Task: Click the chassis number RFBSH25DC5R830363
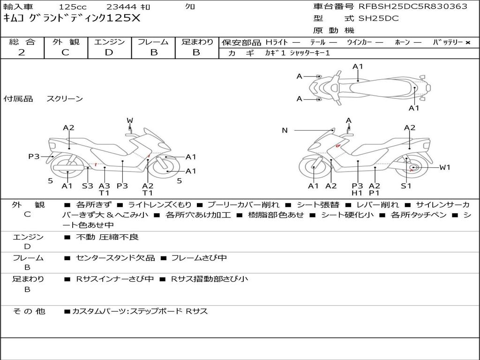(x=412, y=7)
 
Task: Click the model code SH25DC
(x=379, y=19)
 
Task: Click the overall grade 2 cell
(x=22, y=52)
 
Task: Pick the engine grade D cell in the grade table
(x=109, y=52)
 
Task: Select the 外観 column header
(x=66, y=42)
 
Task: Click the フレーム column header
(x=153, y=42)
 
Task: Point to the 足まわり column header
(x=197, y=42)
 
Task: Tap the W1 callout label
(x=444, y=167)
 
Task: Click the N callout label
(x=285, y=130)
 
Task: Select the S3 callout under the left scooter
(x=88, y=186)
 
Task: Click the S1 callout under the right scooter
(x=406, y=186)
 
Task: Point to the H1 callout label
(x=358, y=193)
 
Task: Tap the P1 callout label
(x=374, y=193)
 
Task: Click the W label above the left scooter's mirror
(x=129, y=120)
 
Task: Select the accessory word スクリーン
(x=65, y=98)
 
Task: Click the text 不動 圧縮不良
(x=107, y=237)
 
